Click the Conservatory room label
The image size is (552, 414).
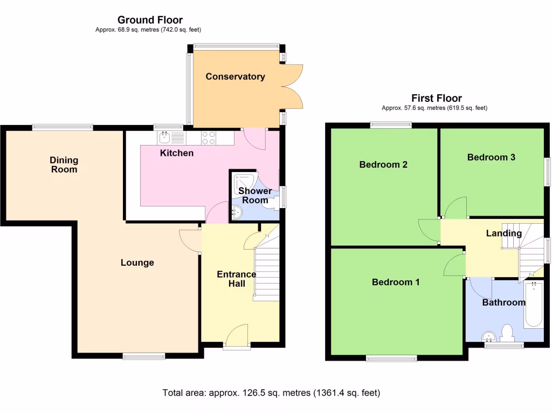pos(235,77)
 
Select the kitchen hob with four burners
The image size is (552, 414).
pos(208,138)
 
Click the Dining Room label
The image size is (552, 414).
pos(64,164)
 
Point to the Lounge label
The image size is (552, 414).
pos(137,263)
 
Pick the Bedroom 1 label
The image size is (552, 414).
pos(396,282)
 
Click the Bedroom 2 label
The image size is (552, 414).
pos(383,164)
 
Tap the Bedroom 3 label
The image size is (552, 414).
pos(491,157)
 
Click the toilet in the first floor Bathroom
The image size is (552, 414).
pos(507,333)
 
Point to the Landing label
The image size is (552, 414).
pos(503,233)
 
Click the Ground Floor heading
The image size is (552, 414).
pos(150,20)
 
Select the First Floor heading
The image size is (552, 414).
pos(437,98)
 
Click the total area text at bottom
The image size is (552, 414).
pos(271,393)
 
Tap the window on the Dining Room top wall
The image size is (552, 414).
pos(63,127)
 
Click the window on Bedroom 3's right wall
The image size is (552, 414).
pos(547,172)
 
